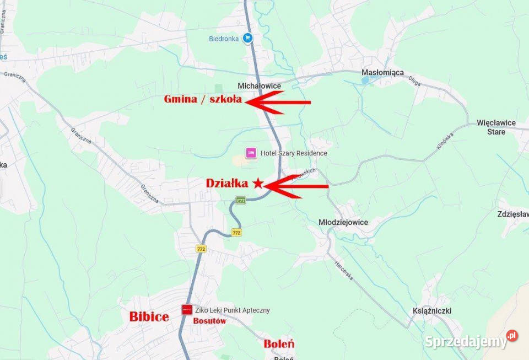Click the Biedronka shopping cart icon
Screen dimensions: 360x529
coord(248,38)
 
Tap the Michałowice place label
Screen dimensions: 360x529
coord(259,86)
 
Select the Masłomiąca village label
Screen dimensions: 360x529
coord(382,73)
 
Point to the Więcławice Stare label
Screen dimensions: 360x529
coord(496,127)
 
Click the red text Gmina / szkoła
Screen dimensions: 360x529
coord(203,99)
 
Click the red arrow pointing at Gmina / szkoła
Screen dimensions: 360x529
coord(278,102)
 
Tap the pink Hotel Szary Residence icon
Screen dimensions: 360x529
coord(251,153)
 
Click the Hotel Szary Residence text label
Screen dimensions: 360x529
coord(294,153)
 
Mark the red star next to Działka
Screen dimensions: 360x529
coord(258,184)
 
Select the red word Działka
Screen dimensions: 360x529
coord(227,184)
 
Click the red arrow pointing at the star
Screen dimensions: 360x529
coord(296,186)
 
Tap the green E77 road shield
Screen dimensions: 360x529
coord(241,200)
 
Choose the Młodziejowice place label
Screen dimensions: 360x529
coord(343,222)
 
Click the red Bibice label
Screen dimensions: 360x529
coord(149,316)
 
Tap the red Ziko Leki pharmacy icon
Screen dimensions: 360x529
coord(187,310)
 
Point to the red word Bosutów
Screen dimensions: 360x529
coord(209,321)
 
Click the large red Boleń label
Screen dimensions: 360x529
coord(279,344)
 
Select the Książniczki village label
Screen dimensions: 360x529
coord(432,311)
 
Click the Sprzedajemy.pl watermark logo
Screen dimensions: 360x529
coord(471,341)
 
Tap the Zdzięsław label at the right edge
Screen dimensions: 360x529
coord(512,214)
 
